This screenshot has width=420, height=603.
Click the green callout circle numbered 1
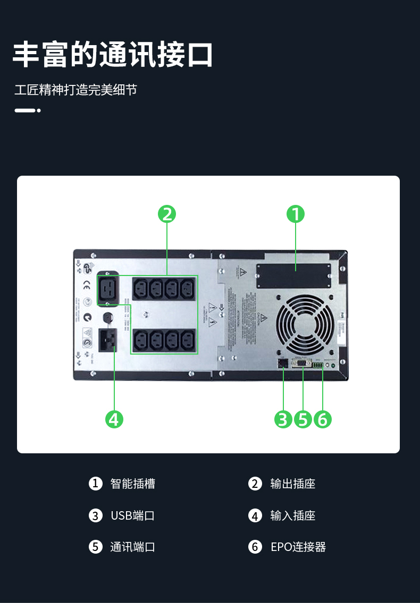click(296, 214)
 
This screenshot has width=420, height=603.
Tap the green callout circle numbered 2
click(167, 214)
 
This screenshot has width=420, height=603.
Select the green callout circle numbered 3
click(283, 419)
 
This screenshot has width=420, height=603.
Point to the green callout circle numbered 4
click(114, 419)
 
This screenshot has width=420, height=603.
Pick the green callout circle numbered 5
click(303, 419)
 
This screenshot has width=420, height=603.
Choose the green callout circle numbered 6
click(322, 419)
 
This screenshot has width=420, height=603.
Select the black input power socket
click(108, 339)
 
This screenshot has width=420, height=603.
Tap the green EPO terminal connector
click(318, 365)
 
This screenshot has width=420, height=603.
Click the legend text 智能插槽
click(132, 484)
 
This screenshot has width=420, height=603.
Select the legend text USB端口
click(132, 515)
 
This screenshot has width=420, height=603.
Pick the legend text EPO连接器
click(298, 547)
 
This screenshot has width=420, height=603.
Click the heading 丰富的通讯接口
click(113, 55)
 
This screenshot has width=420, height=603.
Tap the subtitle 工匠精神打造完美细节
click(75, 90)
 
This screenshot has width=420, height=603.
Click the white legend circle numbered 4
click(255, 515)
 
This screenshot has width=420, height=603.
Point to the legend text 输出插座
click(292, 484)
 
